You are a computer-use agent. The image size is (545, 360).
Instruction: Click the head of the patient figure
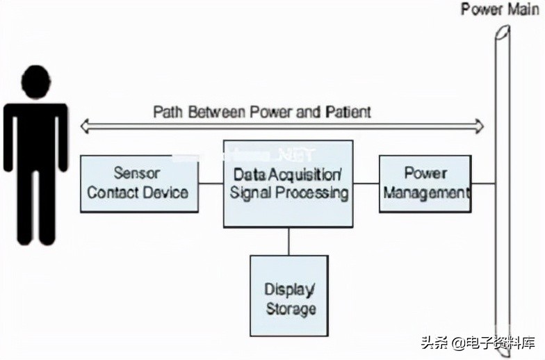click(x=36, y=82)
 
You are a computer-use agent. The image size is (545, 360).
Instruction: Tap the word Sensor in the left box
click(x=137, y=173)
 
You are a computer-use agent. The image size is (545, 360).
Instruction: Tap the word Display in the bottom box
click(x=289, y=290)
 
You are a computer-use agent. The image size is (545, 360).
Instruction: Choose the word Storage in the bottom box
click(x=291, y=309)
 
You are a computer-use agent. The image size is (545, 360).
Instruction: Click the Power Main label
click(x=501, y=10)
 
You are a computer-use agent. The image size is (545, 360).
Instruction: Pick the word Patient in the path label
click(x=348, y=113)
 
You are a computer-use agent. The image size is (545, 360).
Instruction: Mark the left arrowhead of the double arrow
click(x=86, y=126)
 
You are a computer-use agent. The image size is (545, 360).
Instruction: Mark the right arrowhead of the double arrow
click(x=478, y=126)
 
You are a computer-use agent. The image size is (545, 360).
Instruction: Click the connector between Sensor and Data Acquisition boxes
click(x=211, y=183)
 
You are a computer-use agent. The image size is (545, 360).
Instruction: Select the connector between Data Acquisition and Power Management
click(x=366, y=183)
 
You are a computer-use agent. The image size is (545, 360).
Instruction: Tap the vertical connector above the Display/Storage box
click(x=288, y=242)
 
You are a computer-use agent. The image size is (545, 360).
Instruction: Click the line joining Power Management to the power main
click(x=483, y=183)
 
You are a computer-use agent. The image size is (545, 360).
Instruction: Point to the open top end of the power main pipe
click(x=503, y=32)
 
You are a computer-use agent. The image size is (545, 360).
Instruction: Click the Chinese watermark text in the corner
click(x=478, y=343)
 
